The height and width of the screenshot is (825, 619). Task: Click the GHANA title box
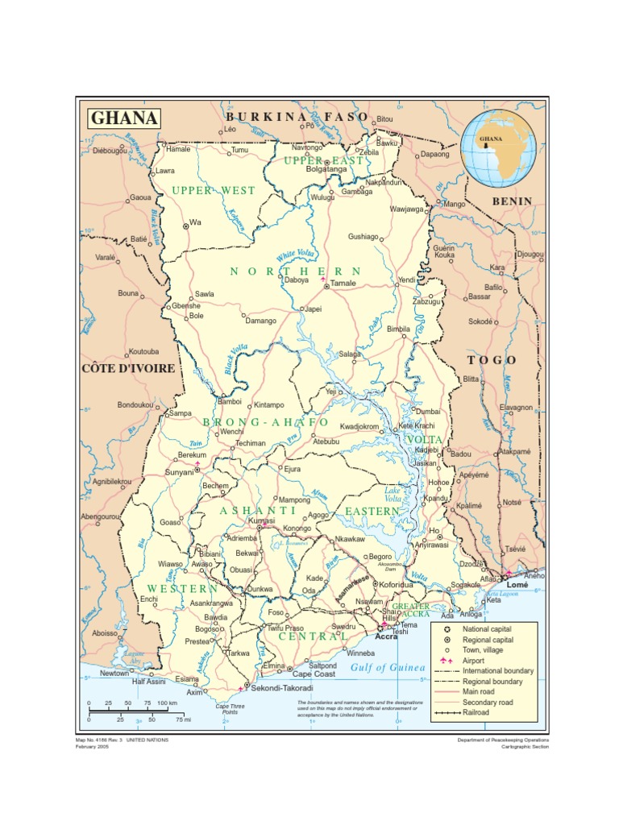123,118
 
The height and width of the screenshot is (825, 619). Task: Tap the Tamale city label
343,284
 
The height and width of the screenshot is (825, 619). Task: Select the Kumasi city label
261,521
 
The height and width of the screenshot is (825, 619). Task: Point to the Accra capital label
386,636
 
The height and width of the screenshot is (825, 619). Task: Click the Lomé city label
517,585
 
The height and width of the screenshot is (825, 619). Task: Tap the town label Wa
194,222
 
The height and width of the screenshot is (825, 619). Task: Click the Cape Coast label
313,674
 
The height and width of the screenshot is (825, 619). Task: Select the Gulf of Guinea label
388,668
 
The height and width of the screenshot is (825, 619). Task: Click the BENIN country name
513,201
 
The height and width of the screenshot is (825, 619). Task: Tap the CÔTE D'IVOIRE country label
128,368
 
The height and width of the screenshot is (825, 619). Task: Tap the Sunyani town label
179,472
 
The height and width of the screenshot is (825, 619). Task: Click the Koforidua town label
396,585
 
